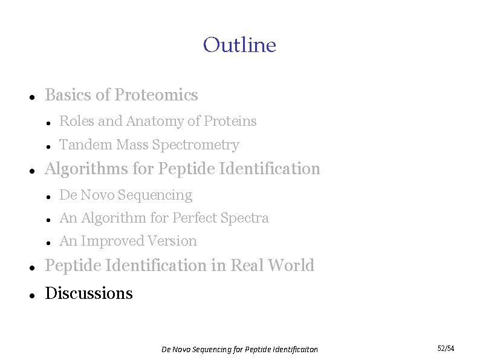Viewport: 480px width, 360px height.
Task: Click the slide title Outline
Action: [x=239, y=45]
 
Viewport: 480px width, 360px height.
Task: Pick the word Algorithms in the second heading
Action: [x=86, y=169]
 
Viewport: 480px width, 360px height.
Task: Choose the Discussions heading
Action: [x=89, y=293]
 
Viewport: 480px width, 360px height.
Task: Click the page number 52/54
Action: [x=446, y=349]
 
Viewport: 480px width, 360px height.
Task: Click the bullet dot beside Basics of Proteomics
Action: [x=30, y=97]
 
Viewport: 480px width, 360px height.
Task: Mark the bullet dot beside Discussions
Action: [x=30, y=295]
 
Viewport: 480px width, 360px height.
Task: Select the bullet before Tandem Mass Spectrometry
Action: [x=48, y=146]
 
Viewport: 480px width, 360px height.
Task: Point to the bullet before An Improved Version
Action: [x=48, y=242]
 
